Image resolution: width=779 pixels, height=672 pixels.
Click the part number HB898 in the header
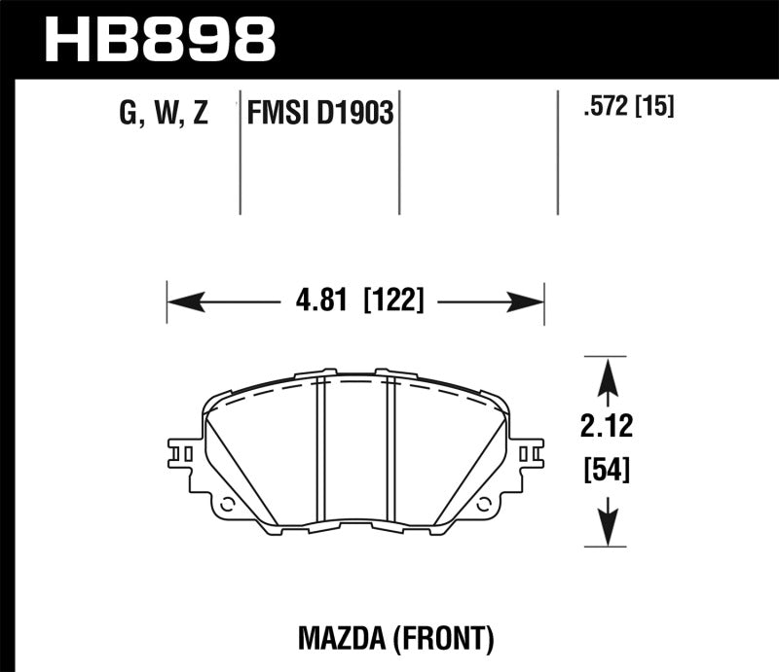pos(162,37)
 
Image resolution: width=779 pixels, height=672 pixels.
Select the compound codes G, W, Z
pos(163,114)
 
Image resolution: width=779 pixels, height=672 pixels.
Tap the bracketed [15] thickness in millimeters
pos(656,106)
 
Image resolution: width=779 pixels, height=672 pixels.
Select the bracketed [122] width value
pos(392,301)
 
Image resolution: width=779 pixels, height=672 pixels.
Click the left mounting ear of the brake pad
pos(184,453)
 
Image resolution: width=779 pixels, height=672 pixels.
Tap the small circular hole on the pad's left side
pos(227,505)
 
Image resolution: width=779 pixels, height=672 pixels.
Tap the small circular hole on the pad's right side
pos(484,504)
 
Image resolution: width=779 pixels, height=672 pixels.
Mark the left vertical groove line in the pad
pos(321,447)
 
